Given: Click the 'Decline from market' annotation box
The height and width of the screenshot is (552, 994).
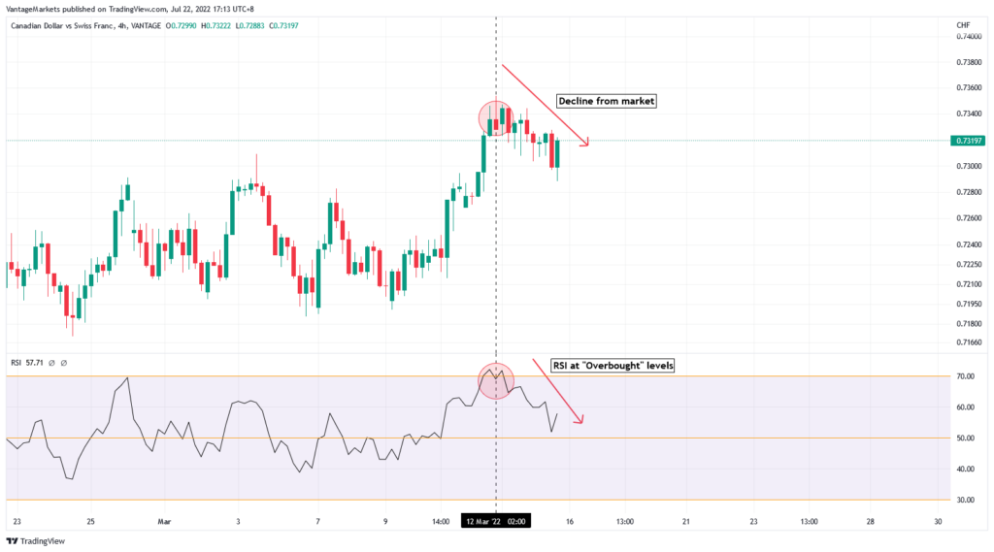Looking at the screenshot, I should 607,100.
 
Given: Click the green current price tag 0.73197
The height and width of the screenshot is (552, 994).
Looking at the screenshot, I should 970,141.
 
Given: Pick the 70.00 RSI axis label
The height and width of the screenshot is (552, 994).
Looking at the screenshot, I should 966,376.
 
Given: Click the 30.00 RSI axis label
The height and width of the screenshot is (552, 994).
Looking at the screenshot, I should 966,500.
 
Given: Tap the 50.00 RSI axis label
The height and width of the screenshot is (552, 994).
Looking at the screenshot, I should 966,438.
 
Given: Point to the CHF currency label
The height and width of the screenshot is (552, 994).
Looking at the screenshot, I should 963,24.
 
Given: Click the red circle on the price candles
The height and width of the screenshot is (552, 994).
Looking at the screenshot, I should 496,117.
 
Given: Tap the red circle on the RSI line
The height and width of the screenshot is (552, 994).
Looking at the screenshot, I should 496,379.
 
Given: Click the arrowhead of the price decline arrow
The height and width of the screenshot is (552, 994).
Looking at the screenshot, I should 585,145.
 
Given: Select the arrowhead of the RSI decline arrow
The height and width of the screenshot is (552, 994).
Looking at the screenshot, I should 581,420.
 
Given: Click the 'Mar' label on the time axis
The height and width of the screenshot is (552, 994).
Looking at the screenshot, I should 163,522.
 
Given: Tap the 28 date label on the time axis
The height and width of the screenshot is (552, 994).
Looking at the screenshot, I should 870,522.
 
